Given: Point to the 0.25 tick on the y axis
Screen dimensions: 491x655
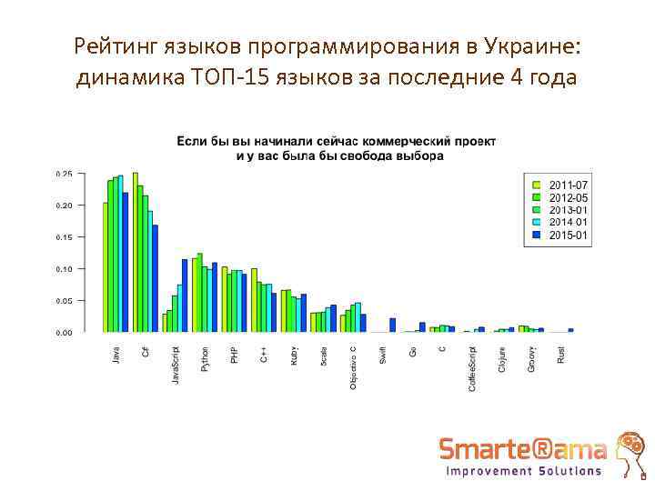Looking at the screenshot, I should point(65,174).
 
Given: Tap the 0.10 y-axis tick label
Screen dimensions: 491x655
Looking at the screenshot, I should point(65,269).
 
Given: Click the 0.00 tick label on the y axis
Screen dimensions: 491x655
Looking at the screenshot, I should point(65,333).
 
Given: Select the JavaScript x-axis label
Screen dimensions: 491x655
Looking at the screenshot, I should point(176,364).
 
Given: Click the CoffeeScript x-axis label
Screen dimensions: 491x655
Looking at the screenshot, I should point(472,367).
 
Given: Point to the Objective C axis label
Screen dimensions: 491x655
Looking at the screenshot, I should point(354,366).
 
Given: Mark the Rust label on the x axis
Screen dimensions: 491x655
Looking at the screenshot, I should point(561,356).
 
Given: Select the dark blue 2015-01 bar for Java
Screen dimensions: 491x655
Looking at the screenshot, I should point(126,262).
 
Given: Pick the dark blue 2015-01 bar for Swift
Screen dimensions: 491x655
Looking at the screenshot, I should point(393,325).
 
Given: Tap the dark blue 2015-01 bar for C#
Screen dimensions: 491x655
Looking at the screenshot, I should point(156,278).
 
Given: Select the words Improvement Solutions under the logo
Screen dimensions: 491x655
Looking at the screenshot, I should point(524,471).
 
